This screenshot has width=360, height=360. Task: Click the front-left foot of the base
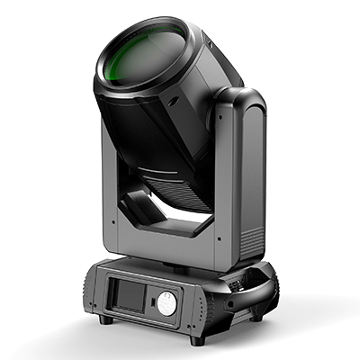[x=106, y=319]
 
